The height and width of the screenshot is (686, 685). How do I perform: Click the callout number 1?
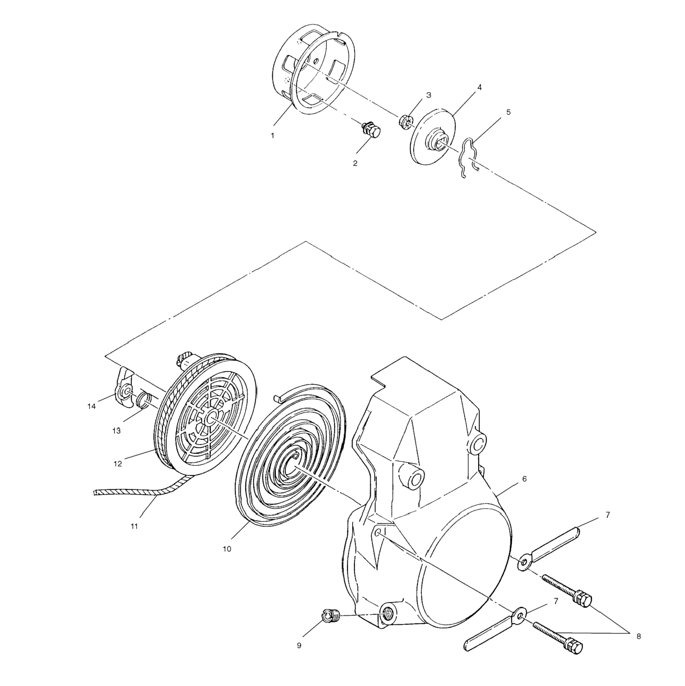272,135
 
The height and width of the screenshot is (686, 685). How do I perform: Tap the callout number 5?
508,112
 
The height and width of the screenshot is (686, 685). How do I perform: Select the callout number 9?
299,645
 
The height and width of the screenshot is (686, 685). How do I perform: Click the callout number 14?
92,406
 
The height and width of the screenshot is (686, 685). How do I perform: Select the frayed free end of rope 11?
96,492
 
